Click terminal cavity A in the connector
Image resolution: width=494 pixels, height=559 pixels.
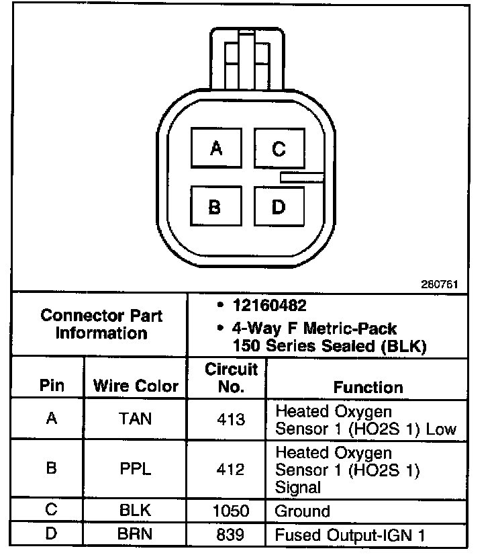pyautogui.click(x=216, y=148)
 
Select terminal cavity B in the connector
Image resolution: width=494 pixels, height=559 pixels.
pyautogui.click(x=215, y=206)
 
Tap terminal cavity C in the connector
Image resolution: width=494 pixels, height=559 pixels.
pyautogui.click(x=279, y=148)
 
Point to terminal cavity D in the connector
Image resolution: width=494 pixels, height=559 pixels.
pyautogui.click(x=279, y=207)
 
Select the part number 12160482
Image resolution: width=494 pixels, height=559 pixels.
pyautogui.click(x=269, y=306)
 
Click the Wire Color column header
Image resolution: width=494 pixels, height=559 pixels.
pyautogui.click(x=136, y=386)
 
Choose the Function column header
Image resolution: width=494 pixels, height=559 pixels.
pyautogui.click(x=368, y=387)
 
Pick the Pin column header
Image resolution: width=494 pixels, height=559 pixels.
pyautogui.click(x=52, y=386)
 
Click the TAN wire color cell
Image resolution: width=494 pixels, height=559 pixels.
pyautogui.click(x=136, y=419)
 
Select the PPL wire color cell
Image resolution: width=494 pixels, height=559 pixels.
pyautogui.click(x=136, y=468)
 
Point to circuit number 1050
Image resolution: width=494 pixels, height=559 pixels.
pyautogui.click(x=230, y=511)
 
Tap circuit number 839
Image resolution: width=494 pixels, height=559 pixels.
pyautogui.click(x=230, y=535)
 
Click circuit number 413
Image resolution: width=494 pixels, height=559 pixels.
pyautogui.click(x=230, y=419)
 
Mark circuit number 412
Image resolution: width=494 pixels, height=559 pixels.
pyautogui.click(x=230, y=468)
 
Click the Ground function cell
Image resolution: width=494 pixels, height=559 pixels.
pyautogui.click(x=303, y=511)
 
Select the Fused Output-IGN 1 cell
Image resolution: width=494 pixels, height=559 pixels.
pyautogui.click(x=350, y=535)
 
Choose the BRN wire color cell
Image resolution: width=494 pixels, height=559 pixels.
pyautogui.click(x=136, y=535)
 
